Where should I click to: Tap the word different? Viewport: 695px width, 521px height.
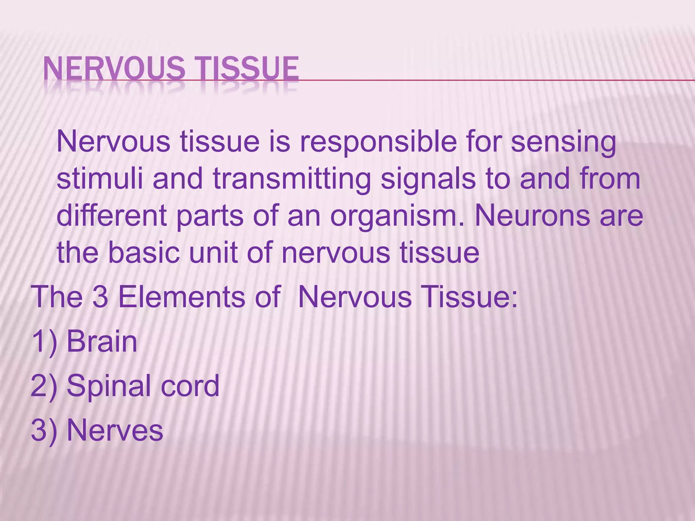(x=112, y=216)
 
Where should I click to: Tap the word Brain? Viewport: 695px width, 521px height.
(x=102, y=342)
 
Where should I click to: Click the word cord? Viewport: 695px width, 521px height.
(x=190, y=386)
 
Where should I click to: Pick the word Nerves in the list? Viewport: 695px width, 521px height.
(x=115, y=430)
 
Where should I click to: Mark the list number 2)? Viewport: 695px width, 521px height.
(x=44, y=386)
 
